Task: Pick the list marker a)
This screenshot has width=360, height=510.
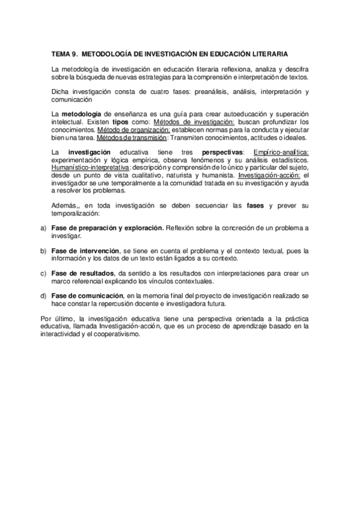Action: click(x=43, y=229)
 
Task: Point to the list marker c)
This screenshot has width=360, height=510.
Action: click(x=43, y=273)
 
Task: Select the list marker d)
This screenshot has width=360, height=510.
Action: click(x=43, y=295)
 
